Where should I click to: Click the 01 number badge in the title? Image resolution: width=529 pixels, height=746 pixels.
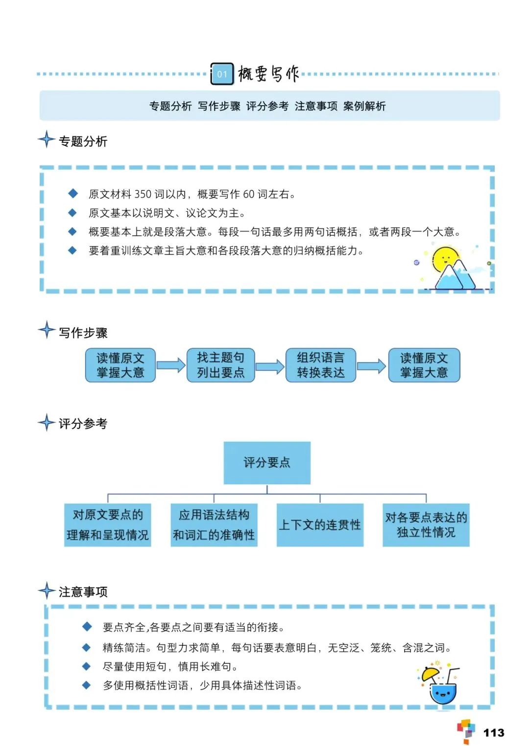click(222, 74)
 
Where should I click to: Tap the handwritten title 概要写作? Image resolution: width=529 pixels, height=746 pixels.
click(268, 74)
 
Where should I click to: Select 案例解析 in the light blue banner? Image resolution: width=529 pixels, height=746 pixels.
click(364, 106)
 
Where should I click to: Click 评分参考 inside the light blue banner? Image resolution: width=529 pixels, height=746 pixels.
click(267, 106)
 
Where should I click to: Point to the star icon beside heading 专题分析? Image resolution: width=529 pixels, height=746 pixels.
click(47, 139)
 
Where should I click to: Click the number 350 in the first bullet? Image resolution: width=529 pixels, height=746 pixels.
click(143, 194)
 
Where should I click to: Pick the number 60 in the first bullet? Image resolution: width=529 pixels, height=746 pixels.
click(248, 194)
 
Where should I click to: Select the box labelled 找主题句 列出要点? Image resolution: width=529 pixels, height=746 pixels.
click(220, 365)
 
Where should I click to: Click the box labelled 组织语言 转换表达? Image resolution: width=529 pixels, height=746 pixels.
click(321, 365)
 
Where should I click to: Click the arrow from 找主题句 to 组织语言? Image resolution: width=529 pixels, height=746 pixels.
click(270, 366)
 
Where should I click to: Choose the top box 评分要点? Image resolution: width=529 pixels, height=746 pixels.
click(267, 463)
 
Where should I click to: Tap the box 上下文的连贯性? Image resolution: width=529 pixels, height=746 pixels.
click(320, 525)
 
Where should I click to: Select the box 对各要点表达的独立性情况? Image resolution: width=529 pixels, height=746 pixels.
click(426, 525)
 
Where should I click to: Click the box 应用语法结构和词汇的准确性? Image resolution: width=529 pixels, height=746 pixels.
click(214, 525)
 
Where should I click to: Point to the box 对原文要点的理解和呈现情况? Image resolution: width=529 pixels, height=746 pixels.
click(108, 525)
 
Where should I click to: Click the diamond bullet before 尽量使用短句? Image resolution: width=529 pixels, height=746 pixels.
click(87, 666)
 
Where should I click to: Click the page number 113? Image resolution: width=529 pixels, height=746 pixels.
click(493, 732)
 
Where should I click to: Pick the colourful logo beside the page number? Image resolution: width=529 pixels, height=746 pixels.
click(466, 731)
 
